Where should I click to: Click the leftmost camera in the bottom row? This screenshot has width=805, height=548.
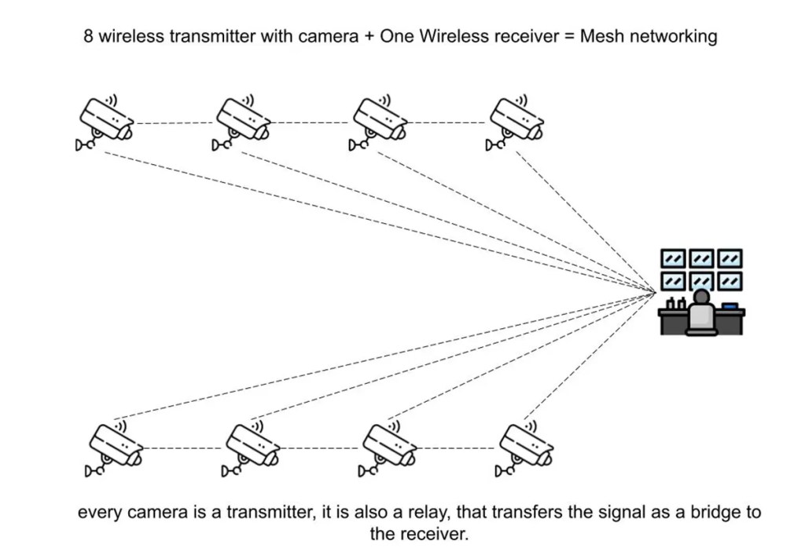(116, 447)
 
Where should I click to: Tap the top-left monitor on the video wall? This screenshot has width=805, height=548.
(673, 258)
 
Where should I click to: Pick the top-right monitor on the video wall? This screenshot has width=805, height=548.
(730, 258)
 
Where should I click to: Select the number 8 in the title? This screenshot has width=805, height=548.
(89, 36)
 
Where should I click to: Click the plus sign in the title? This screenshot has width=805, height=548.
(369, 37)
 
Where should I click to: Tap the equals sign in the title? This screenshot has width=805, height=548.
(570, 37)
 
